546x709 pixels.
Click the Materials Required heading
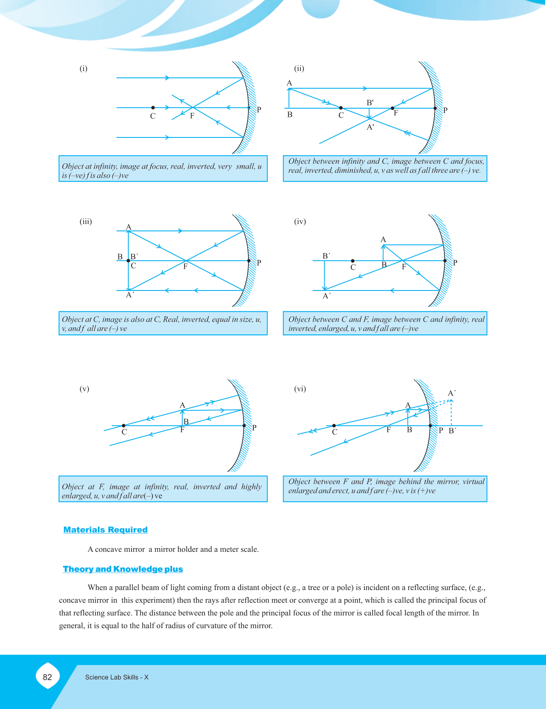click(105, 530)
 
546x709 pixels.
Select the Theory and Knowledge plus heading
click(123, 569)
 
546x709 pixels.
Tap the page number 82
click(48, 677)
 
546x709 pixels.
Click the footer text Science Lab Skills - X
click(117, 677)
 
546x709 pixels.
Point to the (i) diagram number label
click(84, 69)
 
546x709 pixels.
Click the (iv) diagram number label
click(300, 222)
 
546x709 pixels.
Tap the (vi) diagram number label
click(300, 389)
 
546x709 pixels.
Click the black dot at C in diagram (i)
click(153, 107)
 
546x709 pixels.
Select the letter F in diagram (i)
click(192, 116)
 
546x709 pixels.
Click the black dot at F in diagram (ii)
click(392, 108)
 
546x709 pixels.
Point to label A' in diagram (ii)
click(371, 128)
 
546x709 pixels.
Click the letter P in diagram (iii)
click(259, 263)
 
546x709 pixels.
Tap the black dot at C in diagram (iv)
click(353, 261)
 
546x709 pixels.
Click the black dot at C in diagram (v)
click(124, 425)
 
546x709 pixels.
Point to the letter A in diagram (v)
click(182, 405)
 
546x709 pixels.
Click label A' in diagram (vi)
click(452, 393)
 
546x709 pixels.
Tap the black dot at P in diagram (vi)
click(430, 426)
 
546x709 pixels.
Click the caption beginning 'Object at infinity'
click(163, 169)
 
